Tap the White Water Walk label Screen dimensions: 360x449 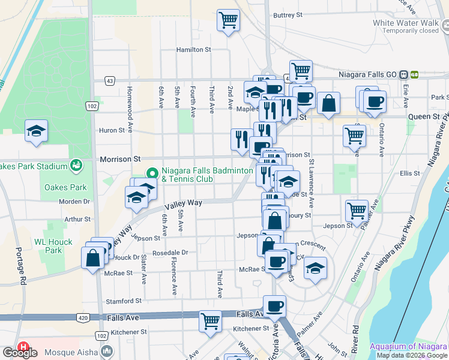(405, 23)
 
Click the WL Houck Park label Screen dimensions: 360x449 (53, 246)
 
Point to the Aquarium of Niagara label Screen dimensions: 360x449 (409, 346)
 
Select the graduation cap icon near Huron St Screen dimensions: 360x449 (36, 131)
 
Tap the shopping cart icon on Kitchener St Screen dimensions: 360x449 (211, 320)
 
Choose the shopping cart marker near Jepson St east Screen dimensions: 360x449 (357, 211)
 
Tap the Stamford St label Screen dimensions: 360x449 (124, 301)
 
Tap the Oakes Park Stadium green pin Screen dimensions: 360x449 (76, 164)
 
